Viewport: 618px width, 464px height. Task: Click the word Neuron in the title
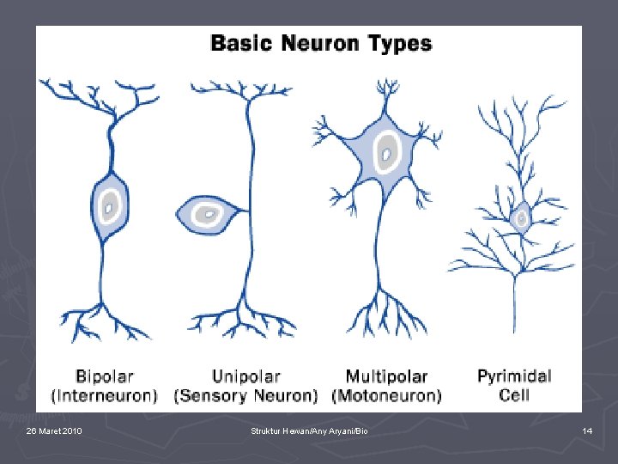(324, 43)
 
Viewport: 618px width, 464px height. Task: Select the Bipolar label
(104, 376)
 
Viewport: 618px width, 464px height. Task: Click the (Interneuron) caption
(104, 395)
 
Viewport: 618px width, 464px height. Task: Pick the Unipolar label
(245, 376)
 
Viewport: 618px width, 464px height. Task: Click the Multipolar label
(386, 376)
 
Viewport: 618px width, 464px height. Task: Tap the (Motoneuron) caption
(386, 395)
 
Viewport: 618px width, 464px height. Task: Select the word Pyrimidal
(514, 376)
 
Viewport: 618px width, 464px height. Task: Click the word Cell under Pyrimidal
(514, 395)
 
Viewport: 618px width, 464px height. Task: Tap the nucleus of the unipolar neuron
(206, 212)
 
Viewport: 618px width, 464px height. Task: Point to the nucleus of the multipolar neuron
(387, 155)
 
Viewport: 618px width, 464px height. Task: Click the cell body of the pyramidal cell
(520, 220)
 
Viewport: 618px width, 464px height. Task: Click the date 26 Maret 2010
(54, 430)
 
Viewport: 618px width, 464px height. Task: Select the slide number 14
(587, 430)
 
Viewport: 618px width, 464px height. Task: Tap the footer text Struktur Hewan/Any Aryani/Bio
(309, 430)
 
